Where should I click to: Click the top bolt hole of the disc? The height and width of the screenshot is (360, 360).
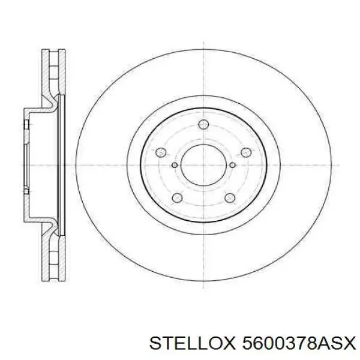[x=203, y=124]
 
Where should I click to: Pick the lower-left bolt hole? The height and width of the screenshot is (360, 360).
[x=177, y=198]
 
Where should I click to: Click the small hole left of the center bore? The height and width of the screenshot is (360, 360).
[x=175, y=165]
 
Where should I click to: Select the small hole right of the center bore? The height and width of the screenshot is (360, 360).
[x=231, y=165]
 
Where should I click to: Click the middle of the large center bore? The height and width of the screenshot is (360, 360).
[x=203, y=165]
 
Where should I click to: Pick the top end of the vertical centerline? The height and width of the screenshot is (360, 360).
[x=203, y=43]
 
